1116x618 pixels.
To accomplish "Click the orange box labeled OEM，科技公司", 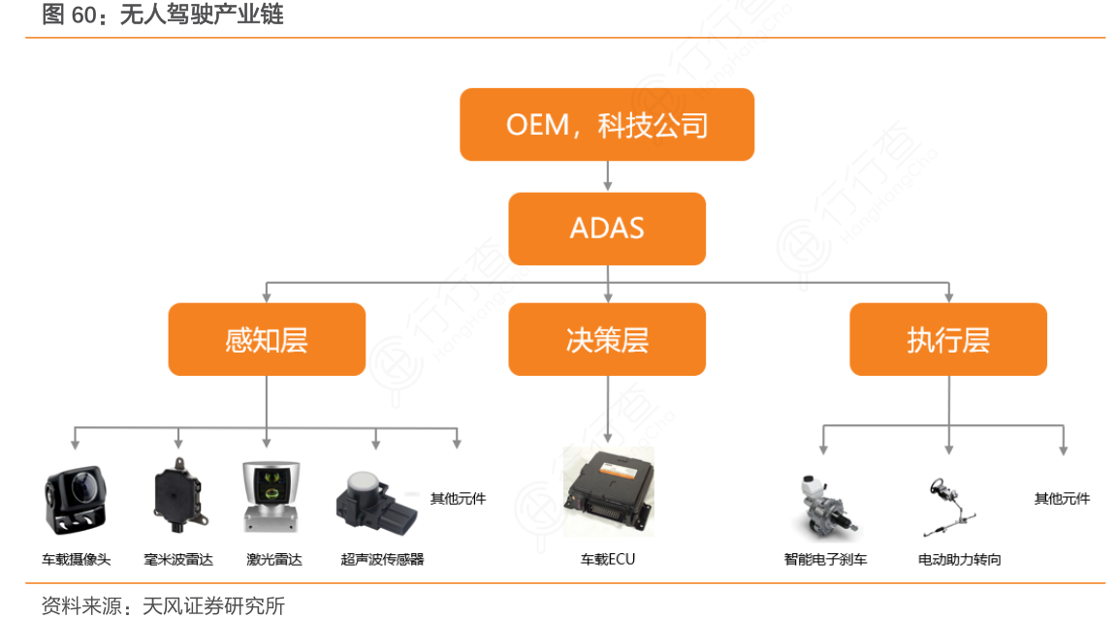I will click(x=607, y=125).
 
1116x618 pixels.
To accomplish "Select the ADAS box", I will click(x=607, y=229).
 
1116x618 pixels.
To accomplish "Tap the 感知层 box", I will click(x=267, y=340).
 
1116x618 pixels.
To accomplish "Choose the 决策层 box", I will click(x=607, y=340).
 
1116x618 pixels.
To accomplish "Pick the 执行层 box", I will click(x=947, y=340).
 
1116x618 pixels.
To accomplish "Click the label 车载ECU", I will click(x=608, y=559).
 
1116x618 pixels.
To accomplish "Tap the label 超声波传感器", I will click(x=382, y=559).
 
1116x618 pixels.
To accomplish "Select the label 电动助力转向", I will click(x=959, y=559).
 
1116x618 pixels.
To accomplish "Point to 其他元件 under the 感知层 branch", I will click(x=458, y=499).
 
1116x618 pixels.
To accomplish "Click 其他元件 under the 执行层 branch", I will click(x=1062, y=499).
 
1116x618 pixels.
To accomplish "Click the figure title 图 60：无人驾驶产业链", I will click(x=163, y=15).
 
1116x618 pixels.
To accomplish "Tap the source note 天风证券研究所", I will click(x=213, y=606).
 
